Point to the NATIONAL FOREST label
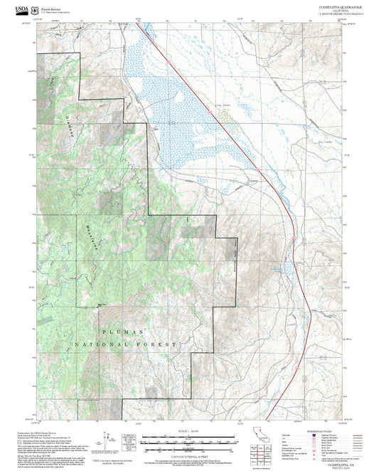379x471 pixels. [125, 344]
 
